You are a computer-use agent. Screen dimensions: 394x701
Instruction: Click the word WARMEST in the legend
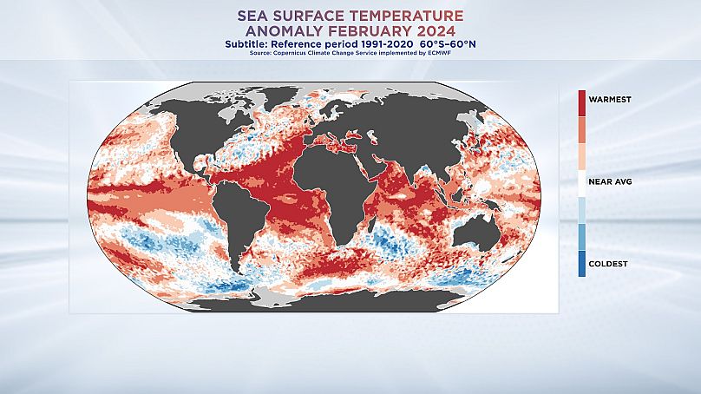612,99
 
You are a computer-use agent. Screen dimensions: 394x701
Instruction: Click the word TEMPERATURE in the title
414,15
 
